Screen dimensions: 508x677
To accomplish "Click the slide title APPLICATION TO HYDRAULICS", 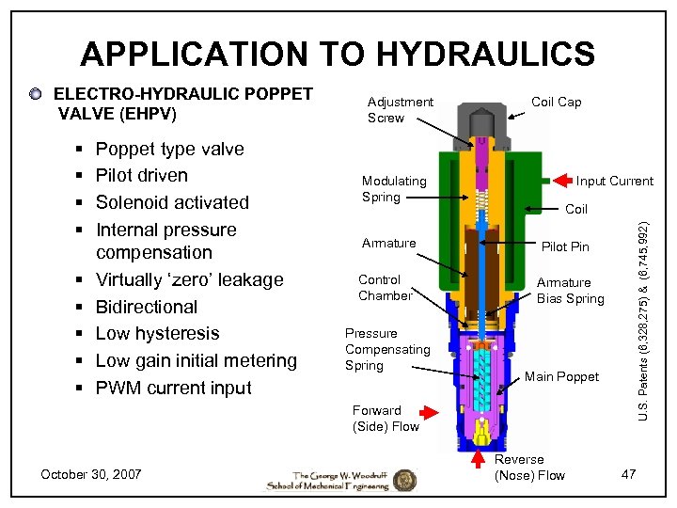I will click(x=338, y=54).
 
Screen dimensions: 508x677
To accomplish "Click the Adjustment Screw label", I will click(x=400, y=109).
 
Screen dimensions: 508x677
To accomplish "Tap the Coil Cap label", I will click(x=556, y=102).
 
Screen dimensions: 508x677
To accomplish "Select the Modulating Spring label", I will click(x=394, y=188).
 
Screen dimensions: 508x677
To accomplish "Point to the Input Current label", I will click(x=614, y=181).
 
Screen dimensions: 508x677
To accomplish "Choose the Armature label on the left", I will click(x=388, y=243).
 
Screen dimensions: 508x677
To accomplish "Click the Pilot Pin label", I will click(x=566, y=246).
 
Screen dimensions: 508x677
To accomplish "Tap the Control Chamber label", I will click(x=385, y=287).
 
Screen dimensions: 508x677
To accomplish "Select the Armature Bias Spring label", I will click(x=570, y=290).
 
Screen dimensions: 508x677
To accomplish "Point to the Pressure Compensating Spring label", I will click(x=386, y=349).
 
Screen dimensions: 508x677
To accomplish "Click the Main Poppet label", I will click(x=561, y=376).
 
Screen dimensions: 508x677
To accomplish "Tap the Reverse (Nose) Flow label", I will click(x=529, y=467).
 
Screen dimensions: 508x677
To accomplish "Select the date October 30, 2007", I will click(x=91, y=474).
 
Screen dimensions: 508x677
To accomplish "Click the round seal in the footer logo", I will click(x=404, y=479).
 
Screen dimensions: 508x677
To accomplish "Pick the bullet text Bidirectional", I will click(x=147, y=307).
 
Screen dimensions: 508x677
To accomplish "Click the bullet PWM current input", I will click(x=173, y=388).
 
